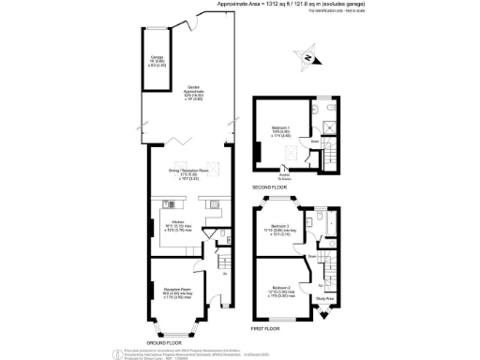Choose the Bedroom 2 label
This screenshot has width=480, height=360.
[x=279, y=288]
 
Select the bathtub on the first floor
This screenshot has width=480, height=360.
[x=320, y=223]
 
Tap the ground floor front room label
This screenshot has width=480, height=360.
[x=175, y=292]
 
